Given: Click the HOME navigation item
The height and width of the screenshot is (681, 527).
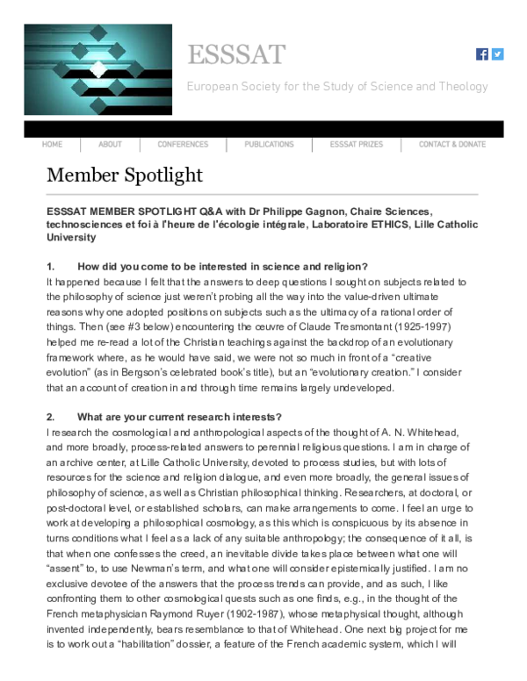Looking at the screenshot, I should pyautogui.click(x=52, y=144).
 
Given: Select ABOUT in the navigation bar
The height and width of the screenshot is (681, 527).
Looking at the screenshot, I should pyautogui.click(x=110, y=144).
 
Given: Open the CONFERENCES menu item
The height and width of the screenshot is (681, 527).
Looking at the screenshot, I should pyautogui.click(x=183, y=144).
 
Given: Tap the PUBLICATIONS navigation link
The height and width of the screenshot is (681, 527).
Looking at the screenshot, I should pyautogui.click(x=269, y=144).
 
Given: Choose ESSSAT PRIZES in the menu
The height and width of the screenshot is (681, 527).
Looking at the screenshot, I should pyautogui.click(x=357, y=144).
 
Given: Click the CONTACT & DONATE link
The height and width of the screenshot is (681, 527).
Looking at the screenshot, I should pyautogui.click(x=451, y=144).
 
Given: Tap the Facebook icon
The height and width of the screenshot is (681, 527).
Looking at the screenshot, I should pyautogui.click(x=482, y=54).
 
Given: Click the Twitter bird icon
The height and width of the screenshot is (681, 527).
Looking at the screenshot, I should pyautogui.click(x=498, y=54).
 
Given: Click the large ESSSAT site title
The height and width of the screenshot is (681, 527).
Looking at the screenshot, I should pyautogui.click(x=236, y=54).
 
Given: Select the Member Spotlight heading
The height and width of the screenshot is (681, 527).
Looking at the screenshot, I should pyautogui.click(x=124, y=176).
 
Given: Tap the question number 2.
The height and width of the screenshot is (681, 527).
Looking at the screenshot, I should pyautogui.click(x=50, y=416).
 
